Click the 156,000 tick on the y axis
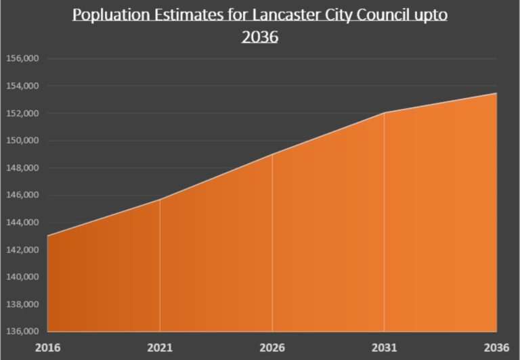[x=23, y=59]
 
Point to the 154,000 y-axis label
[x=23, y=86]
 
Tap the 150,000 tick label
[x=23, y=141]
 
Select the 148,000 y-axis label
[x=23, y=168]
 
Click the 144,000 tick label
[x=23, y=223]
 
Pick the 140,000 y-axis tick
[x=23, y=277]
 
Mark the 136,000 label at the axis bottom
[x=23, y=332]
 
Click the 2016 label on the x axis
[x=48, y=347]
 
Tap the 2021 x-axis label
[x=160, y=347]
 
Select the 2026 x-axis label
[x=272, y=347]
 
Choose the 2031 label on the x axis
[x=384, y=347]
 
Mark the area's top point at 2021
[x=160, y=200]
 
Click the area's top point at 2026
[x=272, y=154]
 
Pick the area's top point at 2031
[x=384, y=113]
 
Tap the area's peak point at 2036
[x=496, y=93]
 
